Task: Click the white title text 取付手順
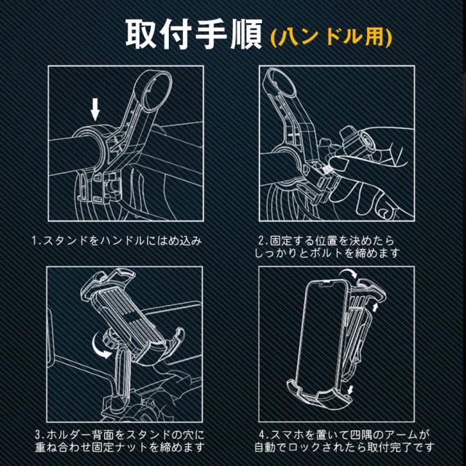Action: pyautogui.click(x=194, y=34)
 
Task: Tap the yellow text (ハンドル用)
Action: pyautogui.click(x=331, y=38)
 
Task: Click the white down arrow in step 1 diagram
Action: pyautogui.click(x=95, y=110)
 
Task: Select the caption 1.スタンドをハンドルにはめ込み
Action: pyautogui.click(x=117, y=240)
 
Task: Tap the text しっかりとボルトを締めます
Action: pyautogui.click(x=327, y=253)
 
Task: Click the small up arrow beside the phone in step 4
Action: pyautogui.click(x=376, y=307)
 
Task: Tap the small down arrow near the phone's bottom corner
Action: pyautogui.click(x=351, y=390)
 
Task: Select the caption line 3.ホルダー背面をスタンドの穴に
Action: pyautogui.click(x=119, y=435)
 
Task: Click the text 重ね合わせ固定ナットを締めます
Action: pyautogui.click(x=119, y=448)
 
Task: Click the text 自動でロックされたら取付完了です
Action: pyautogui.click(x=344, y=448)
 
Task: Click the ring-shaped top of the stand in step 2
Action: pyautogui.click(x=279, y=81)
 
